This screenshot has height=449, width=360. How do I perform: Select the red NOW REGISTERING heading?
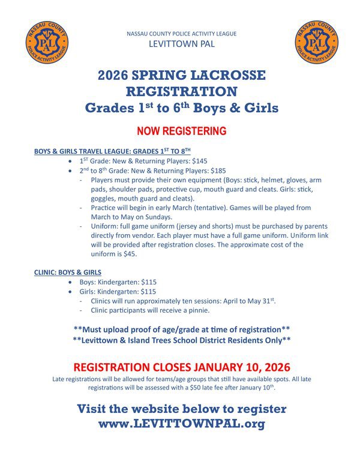181,131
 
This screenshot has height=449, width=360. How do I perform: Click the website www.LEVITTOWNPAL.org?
181,423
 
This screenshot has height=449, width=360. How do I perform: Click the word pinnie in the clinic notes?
196,310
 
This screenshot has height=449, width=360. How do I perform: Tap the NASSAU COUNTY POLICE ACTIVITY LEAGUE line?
181,34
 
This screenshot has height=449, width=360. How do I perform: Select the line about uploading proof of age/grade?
181,330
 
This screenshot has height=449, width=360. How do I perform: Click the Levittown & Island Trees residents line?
181,340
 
